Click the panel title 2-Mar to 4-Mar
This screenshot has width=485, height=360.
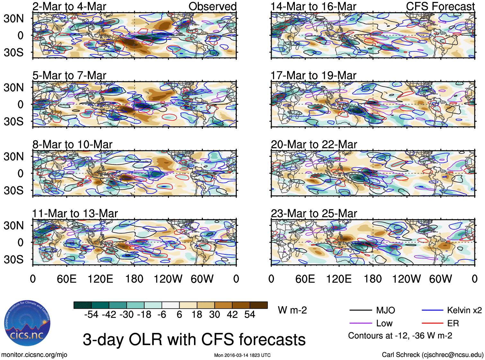[x=69, y=6]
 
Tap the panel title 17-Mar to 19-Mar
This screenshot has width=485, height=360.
[x=313, y=75]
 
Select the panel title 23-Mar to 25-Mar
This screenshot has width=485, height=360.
[x=314, y=214]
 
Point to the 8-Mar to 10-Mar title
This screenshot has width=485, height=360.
[x=72, y=145]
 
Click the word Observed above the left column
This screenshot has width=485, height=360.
[x=212, y=6]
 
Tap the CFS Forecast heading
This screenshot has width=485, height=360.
[x=440, y=6]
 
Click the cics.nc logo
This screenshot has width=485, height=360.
[x=27, y=324]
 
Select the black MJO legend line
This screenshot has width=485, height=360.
[x=360, y=310]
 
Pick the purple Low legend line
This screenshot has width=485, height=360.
[x=360, y=323]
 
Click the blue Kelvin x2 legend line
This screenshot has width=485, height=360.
[x=432, y=310]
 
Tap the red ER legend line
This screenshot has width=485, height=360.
[x=432, y=323]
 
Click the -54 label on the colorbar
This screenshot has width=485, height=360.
[x=91, y=315]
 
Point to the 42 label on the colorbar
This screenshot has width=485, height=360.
[x=232, y=315]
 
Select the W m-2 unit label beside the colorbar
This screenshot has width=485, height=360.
[x=292, y=310]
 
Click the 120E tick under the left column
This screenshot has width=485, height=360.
[x=100, y=279]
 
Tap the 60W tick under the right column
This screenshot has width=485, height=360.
[x=440, y=279]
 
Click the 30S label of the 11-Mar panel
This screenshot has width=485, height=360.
[x=13, y=259]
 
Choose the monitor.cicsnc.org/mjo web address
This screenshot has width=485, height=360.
[x=34, y=355]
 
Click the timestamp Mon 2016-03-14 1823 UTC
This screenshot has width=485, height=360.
[x=242, y=355]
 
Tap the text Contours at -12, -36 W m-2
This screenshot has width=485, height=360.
[x=400, y=336]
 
